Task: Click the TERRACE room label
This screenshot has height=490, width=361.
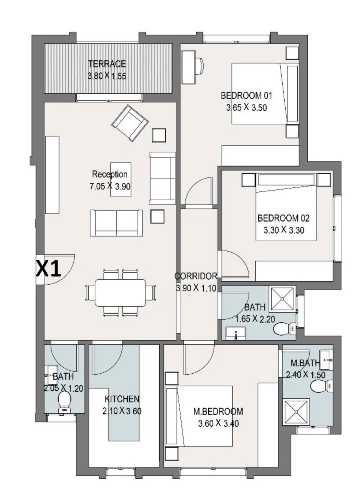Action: click(x=107, y=64)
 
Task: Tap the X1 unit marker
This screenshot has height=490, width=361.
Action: click(x=48, y=269)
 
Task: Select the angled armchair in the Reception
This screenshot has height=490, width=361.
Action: click(x=130, y=123)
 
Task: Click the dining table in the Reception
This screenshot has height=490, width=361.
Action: click(x=120, y=293)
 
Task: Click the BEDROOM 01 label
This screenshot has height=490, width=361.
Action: click(x=246, y=96)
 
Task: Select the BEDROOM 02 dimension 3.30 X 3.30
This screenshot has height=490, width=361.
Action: click(x=284, y=230)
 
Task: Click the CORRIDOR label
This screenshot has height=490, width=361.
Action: click(x=196, y=276)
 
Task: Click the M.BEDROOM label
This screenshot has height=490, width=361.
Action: click(x=218, y=411)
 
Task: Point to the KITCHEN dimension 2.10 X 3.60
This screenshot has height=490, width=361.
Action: click(x=122, y=411)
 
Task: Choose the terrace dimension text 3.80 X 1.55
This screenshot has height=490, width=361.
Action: click(x=107, y=76)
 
